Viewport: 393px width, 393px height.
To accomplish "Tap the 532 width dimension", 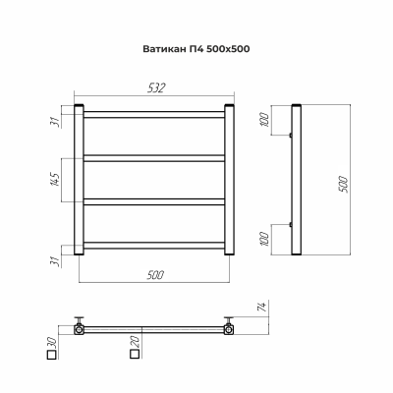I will [155, 87].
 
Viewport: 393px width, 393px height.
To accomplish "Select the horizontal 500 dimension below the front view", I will [154, 275].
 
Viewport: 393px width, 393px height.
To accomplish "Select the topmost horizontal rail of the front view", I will [155, 116].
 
